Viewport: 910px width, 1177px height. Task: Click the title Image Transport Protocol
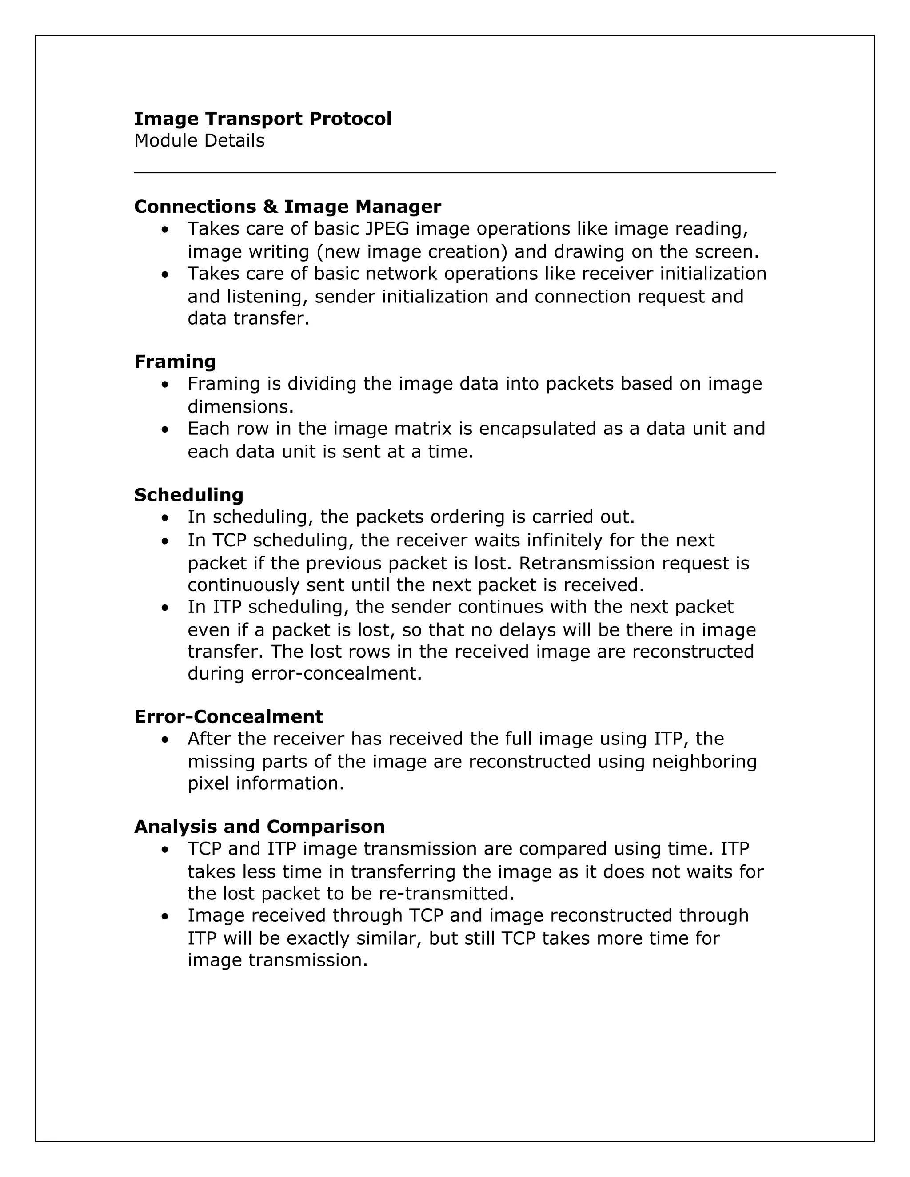pyautogui.click(x=263, y=119)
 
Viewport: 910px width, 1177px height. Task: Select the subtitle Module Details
pyautogui.click(x=199, y=141)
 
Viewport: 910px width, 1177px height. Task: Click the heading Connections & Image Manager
pyautogui.click(x=287, y=207)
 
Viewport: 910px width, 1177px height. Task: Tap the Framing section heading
pyautogui.click(x=175, y=361)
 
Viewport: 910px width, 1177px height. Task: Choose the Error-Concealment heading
pyautogui.click(x=228, y=717)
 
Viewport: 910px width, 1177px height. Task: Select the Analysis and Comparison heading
pyautogui.click(x=259, y=827)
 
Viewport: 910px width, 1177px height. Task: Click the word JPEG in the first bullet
pyautogui.click(x=387, y=229)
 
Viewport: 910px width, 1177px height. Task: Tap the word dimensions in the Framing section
pyautogui.click(x=240, y=406)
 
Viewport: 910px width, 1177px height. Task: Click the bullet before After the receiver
pyautogui.click(x=165, y=740)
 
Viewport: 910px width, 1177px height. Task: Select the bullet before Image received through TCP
pyautogui.click(x=165, y=916)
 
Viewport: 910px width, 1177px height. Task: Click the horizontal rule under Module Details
pyautogui.click(x=455, y=172)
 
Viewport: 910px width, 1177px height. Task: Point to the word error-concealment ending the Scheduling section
pyautogui.click(x=336, y=674)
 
